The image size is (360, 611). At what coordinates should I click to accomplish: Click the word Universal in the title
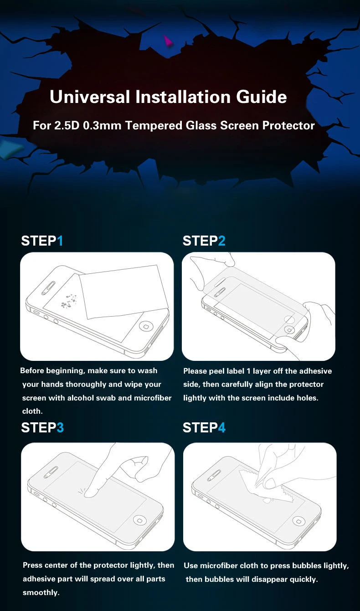[x=90, y=97]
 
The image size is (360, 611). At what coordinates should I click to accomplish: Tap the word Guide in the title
[x=262, y=97]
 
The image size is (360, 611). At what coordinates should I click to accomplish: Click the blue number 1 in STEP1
[x=60, y=241]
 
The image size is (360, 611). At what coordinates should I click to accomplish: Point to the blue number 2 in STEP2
[x=222, y=241]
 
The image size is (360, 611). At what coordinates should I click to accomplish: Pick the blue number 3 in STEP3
[x=60, y=428]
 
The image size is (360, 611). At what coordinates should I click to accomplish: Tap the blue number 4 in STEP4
[x=222, y=428]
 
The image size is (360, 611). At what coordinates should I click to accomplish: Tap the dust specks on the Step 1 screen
[x=68, y=301]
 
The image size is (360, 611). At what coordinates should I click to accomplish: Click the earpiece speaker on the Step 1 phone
[x=48, y=288]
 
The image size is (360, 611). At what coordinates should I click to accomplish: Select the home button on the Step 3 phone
[x=139, y=520]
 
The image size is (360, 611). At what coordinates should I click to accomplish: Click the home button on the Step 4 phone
[x=299, y=521]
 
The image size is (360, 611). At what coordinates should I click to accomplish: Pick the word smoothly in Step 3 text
[x=41, y=592]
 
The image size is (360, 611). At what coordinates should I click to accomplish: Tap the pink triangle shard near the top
[x=168, y=41]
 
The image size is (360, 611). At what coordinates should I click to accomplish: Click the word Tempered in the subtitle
[x=154, y=125]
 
